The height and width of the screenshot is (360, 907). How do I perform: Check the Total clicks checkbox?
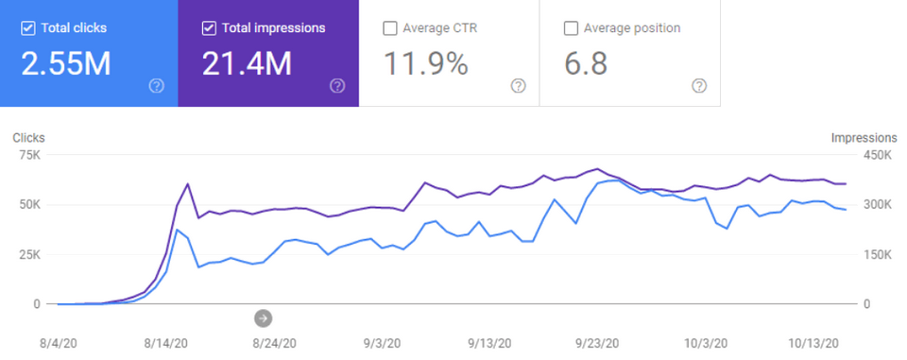click(x=26, y=27)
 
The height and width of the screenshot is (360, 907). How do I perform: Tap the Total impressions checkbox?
click(x=209, y=27)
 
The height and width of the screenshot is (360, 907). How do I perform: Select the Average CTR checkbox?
click(x=389, y=27)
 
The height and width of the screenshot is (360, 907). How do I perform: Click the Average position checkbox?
click(x=571, y=27)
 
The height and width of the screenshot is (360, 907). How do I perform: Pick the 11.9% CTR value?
click(x=425, y=63)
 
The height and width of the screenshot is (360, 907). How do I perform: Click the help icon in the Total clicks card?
click(x=157, y=86)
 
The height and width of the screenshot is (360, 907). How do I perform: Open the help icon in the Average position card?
click(x=699, y=86)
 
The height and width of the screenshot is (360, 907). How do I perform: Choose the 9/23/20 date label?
click(x=597, y=344)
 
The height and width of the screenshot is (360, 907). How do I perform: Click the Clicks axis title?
click(x=28, y=137)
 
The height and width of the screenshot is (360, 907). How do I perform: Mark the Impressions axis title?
click(x=863, y=137)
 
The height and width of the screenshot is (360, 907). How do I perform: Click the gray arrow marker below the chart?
click(x=264, y=318)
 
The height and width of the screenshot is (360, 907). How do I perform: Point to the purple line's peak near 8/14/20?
click(x=188, y=184)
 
